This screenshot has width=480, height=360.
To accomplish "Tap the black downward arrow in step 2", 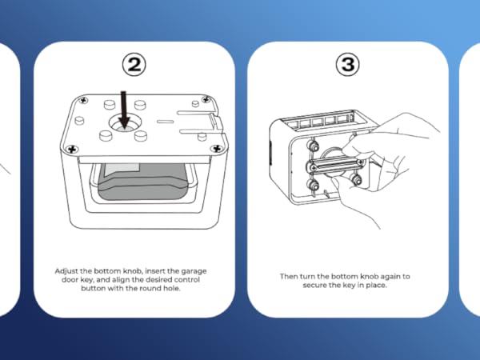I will (x=124, y=108).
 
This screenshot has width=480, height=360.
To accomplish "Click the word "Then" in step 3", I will (x=288, y=276).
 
